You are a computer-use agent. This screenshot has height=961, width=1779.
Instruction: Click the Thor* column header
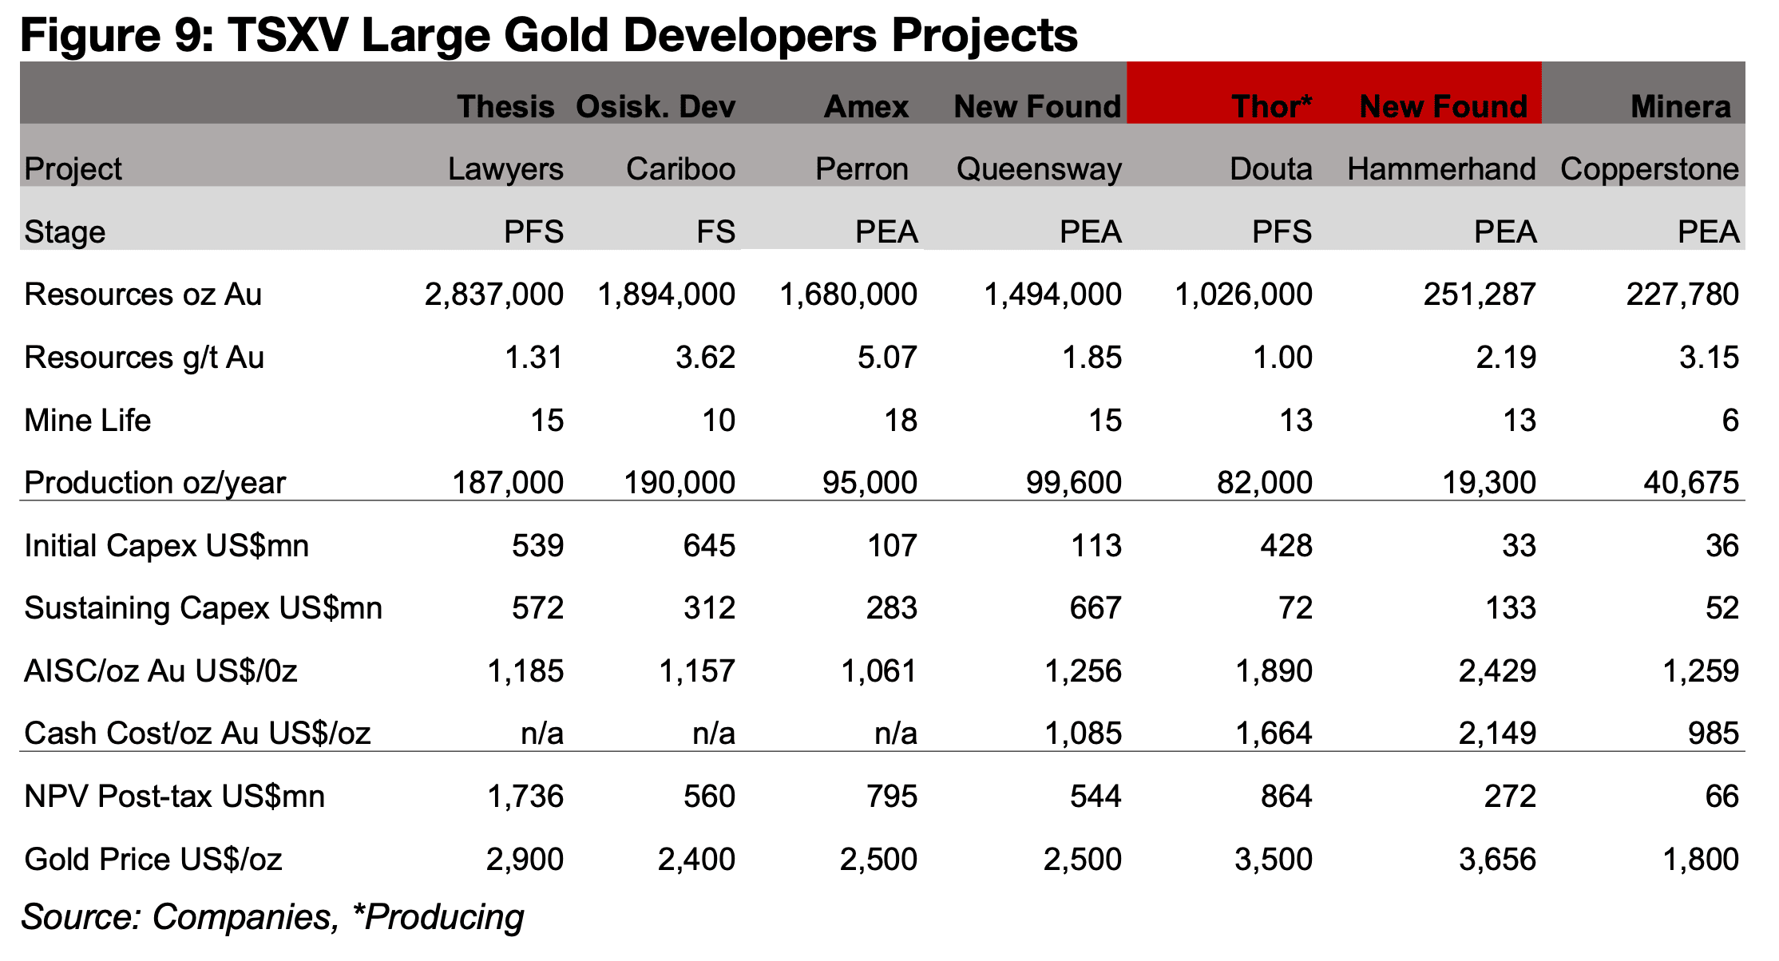click(x=1271, y=106)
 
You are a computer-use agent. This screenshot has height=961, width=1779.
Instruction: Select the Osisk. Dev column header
click(x=655, y=106)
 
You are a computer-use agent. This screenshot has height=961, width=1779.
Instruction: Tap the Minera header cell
click(x=1680, y=106)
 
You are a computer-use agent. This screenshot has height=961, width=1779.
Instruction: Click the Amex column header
click(x=866, y=106)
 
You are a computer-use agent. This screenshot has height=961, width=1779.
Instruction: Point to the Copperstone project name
click(x=1649, y=169)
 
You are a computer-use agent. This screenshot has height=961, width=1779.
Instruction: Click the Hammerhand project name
click(x=1441, y=169)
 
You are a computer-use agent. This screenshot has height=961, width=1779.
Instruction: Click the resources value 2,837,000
click(x=493, y=295)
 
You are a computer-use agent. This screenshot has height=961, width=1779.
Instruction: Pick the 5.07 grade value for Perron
click(x=886, y=358)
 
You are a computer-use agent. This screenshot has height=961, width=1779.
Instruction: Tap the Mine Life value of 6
click(x=1729, y=421)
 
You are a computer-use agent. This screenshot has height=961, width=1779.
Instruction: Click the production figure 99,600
click(x=1073, y=483)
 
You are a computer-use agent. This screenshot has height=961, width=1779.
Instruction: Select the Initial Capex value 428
click(x=1286, y=546)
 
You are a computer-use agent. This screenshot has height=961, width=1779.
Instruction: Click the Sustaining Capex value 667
click(x=1096, y=608)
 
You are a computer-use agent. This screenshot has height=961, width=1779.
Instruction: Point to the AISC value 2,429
click(x=1496, y=671)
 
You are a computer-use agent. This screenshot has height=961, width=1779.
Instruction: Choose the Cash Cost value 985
click(x=1713, y=734)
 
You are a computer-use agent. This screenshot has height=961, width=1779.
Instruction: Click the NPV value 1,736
click(x=525, y=797)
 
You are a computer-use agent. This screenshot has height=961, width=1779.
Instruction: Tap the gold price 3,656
click(x=1496, y=860)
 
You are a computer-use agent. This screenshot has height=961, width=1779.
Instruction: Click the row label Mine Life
click(x=88, y=421)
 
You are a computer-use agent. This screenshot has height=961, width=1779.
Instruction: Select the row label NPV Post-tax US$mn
click(x=174, y=797)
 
